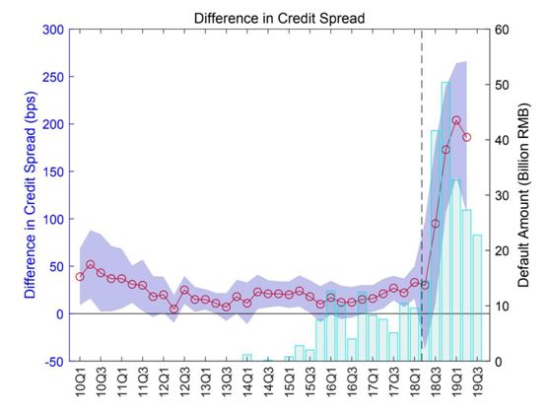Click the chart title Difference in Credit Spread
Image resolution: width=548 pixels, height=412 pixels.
tap(279, 18)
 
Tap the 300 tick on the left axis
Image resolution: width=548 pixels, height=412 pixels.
tap(53, 30)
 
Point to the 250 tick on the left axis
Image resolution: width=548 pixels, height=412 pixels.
tap(53, 77)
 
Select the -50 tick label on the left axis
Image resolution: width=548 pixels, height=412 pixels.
tap(54, 362)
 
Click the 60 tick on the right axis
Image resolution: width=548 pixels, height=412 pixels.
tap(502, 30)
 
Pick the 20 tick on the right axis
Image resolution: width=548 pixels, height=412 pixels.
tap(502, 250)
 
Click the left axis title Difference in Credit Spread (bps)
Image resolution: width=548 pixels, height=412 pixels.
tap(31, 195)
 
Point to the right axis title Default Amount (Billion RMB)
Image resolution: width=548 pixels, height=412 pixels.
tap(523, 195)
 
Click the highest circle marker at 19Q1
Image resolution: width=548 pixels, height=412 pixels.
tap(456, 120)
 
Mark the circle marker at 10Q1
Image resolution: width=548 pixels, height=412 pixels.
tap(80, 277)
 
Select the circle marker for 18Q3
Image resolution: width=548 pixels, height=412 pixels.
tap(436, 224)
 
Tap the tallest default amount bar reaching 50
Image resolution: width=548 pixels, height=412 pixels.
tap(445, 222)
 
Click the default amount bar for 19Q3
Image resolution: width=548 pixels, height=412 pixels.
tap(477, 298)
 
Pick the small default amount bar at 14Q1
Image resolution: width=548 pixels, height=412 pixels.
tap(247, 358)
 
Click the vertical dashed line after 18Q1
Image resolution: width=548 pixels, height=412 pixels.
tap(422, 195)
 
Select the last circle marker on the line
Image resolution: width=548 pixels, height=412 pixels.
tap(467, 137)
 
